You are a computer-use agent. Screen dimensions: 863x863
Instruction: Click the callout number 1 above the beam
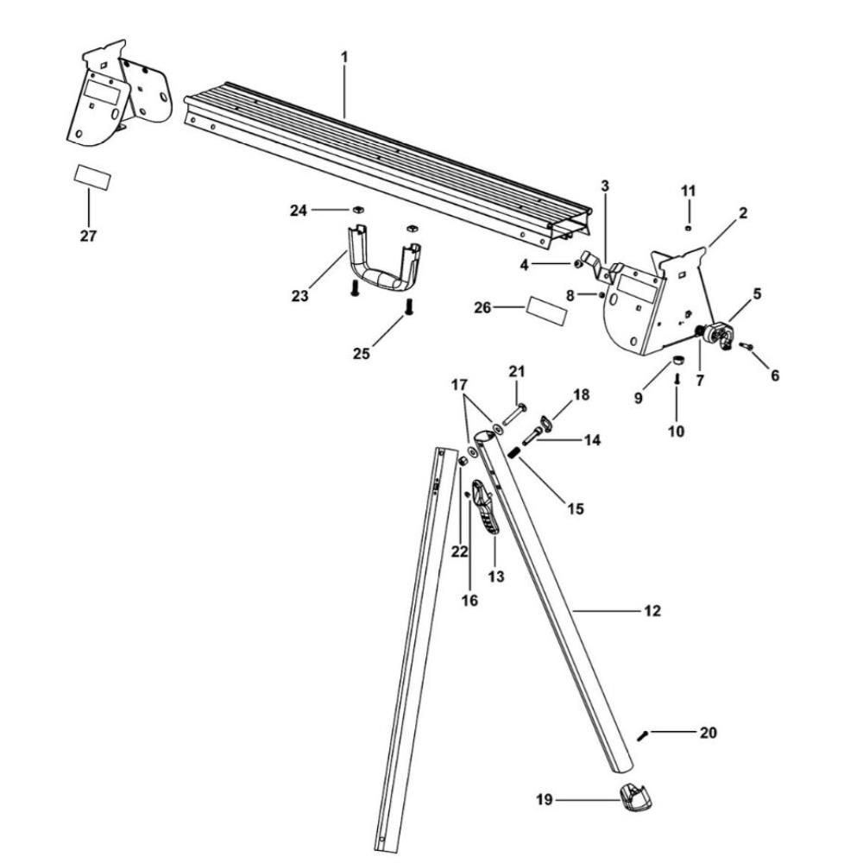(344, 57)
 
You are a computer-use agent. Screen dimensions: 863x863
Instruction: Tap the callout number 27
(89, 236)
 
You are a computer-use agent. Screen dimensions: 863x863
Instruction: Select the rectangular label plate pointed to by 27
(91, 176)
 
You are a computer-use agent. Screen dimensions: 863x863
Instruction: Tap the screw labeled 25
(410, 306)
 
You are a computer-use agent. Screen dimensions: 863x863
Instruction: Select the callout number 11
(688, 191)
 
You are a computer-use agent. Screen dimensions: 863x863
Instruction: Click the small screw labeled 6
(747, 346)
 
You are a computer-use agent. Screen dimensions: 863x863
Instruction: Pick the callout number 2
(743, 212)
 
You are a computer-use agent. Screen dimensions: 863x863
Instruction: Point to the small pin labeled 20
(644, 735)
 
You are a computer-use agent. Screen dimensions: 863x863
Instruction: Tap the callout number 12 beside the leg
(652, 611)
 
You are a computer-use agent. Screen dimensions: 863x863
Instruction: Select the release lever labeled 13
(485, 513)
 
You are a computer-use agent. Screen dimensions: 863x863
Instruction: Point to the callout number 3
(605, 186)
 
